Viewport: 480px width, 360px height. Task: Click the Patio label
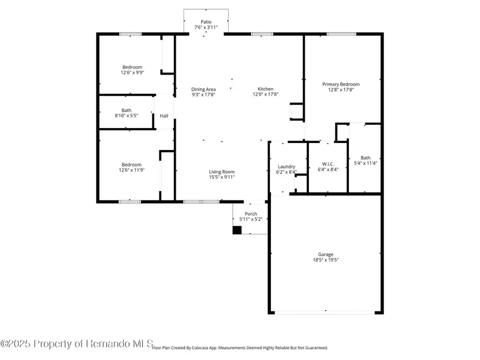206,22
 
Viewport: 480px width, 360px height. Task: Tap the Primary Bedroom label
341,84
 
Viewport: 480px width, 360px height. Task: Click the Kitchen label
266,89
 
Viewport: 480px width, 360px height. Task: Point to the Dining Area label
204,89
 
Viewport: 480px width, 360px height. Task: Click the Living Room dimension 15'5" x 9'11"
221,177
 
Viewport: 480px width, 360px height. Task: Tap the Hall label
164,116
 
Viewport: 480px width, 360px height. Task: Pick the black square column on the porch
237,230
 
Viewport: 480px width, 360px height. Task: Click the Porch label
251,213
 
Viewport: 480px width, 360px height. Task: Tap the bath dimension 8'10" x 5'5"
126,115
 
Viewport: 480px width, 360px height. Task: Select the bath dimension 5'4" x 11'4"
365,163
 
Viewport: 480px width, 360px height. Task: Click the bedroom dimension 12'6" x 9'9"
131,73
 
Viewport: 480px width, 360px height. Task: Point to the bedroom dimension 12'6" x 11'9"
131,170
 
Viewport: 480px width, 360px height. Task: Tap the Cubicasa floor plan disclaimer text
240,348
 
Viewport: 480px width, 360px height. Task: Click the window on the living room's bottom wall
201,202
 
